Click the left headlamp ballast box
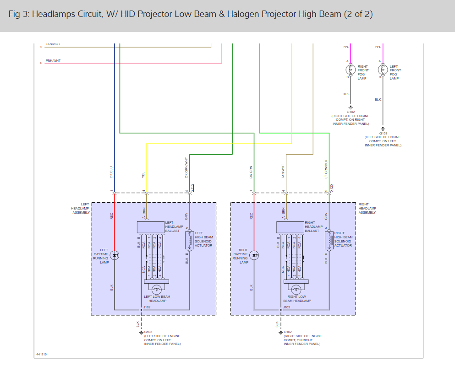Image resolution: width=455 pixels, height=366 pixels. [x=151, y=227]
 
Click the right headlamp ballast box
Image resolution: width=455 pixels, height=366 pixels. [x=291, y=227]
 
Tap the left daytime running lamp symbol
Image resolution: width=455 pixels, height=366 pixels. [x=115, y=255]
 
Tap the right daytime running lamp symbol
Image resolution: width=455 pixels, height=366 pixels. [x=255, y=255]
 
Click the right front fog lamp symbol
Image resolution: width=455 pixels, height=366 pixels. [x=351, y=70]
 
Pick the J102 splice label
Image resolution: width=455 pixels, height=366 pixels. [x=147, y=307]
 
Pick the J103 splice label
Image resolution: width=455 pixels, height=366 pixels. [x=287, y=307]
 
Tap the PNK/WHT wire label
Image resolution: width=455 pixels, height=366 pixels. [x=53, y=60]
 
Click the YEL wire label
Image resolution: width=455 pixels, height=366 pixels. [x=144, y=176]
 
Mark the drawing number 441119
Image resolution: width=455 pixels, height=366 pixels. [x=42, y=355]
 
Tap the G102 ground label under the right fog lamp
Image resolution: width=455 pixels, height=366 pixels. [x=351, y=112]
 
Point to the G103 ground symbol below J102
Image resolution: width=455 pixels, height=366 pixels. [x=141, y=332]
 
